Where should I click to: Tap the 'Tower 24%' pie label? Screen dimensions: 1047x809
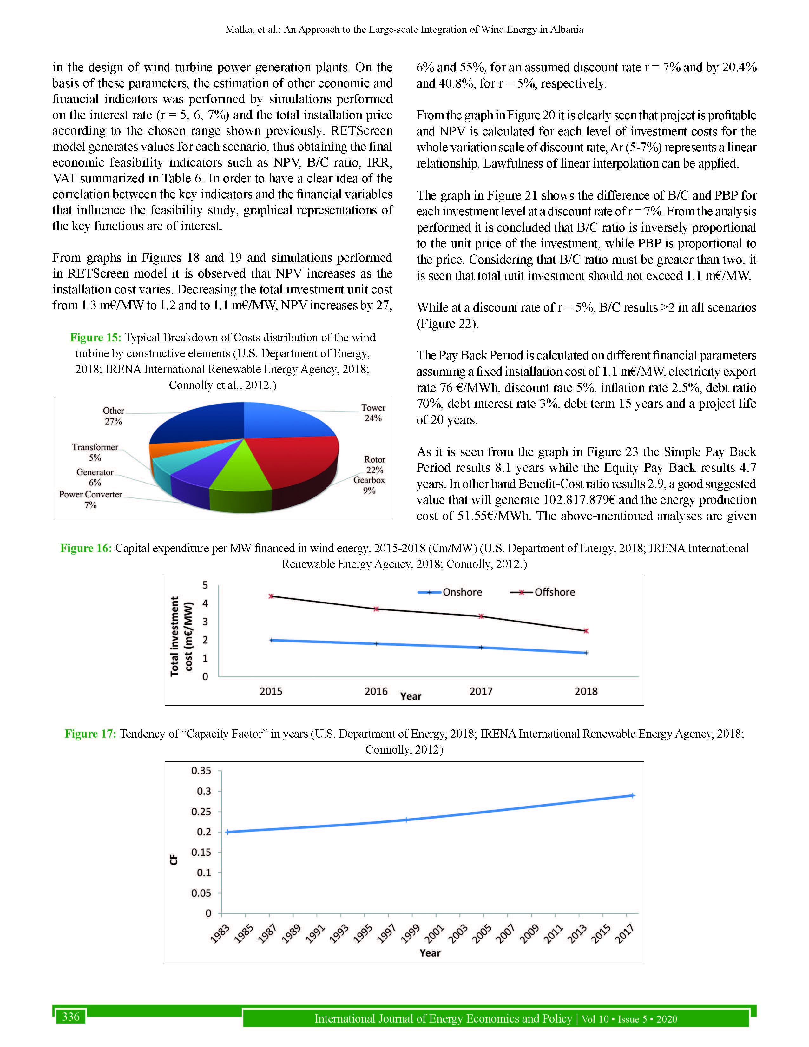(373, 413)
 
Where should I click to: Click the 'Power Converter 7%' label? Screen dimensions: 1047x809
(91, 499)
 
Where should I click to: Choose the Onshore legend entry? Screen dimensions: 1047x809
(450, 592)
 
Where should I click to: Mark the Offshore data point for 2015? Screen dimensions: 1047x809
(271, 596)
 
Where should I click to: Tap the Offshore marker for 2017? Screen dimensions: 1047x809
(481, 616)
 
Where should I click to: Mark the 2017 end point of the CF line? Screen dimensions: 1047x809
(633, 796)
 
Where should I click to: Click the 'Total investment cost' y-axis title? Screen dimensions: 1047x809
(181, 636)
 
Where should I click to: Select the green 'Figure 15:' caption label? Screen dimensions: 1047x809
(95, 338)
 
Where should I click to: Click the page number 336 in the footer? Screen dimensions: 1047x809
(70, 1017)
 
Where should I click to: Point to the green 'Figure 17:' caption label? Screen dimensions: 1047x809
(90, 734)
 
